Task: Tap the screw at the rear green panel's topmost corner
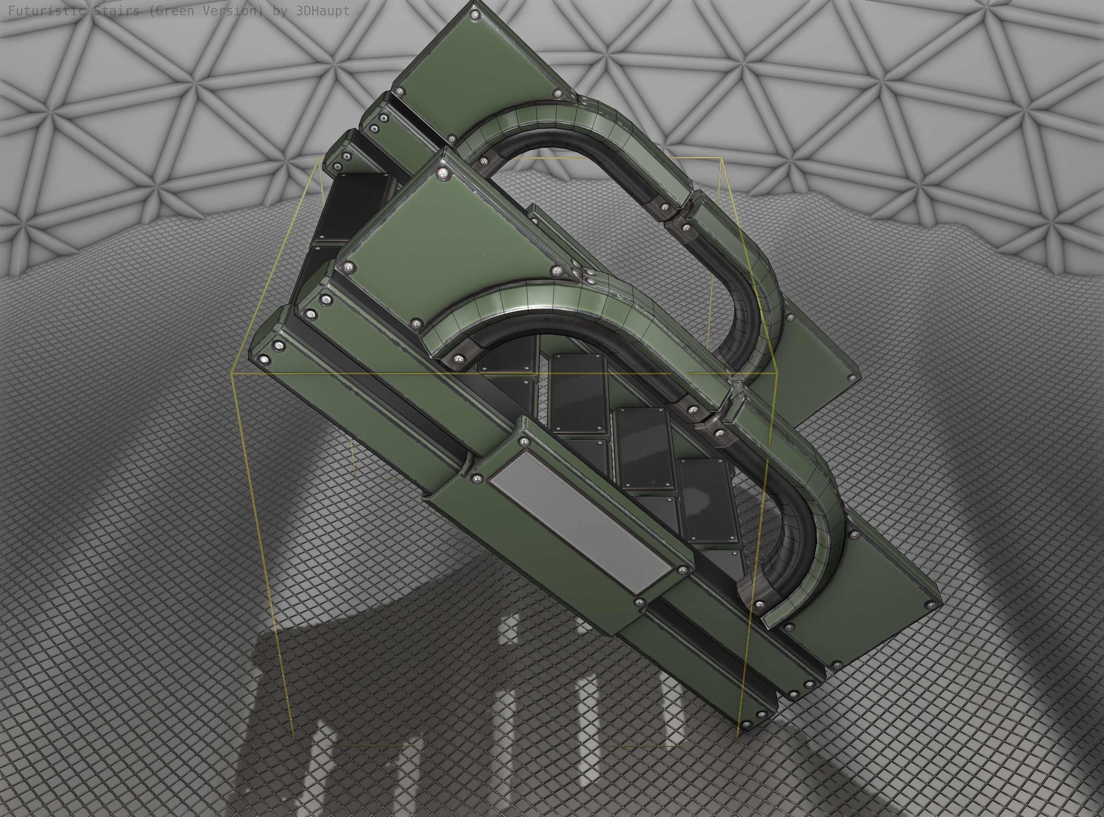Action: pyautogui.click(x=476, y=16)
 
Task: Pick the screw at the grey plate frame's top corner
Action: pyautogui.click(x=524, y=441)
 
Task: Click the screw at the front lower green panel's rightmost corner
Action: pyautogui.click(x=932, y=605)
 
